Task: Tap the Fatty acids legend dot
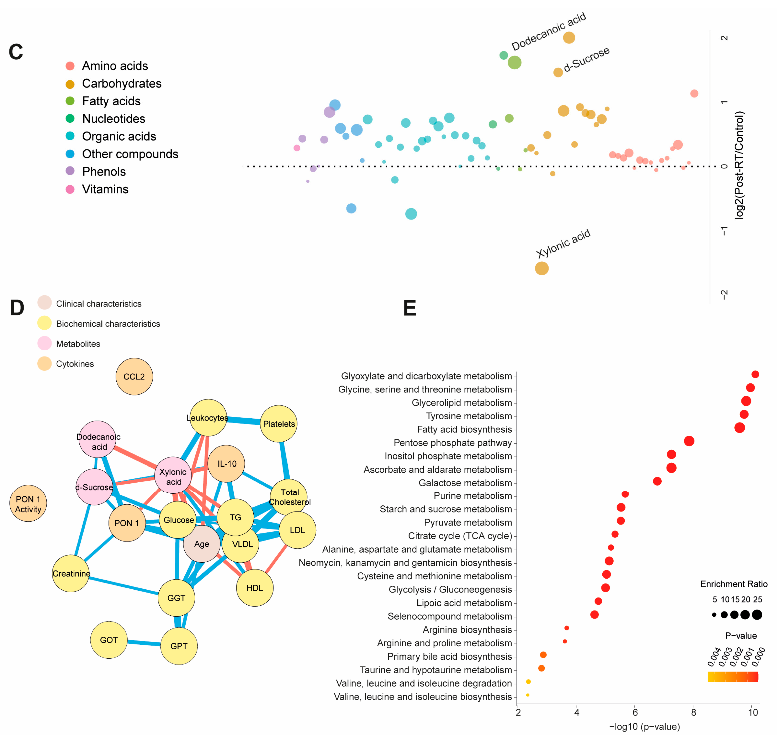pyautogui.click(x=70, y=101)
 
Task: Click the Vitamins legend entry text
pyautogui.click(x=105, y=189)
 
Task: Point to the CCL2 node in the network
pyautogui.click(x=134, y=376)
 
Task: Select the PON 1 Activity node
pyautogui.click(x=28, y=504)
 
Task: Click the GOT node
pyautogui.click(x=109, y=640)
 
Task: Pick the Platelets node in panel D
pyautogui.click(x=279, y=424)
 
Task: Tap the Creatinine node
pyautogui.click(x=71, y=574)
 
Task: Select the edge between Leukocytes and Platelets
pyautogui.click(x=244, y=420)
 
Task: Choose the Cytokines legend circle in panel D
pyautogui.click(x=44, y=363)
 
